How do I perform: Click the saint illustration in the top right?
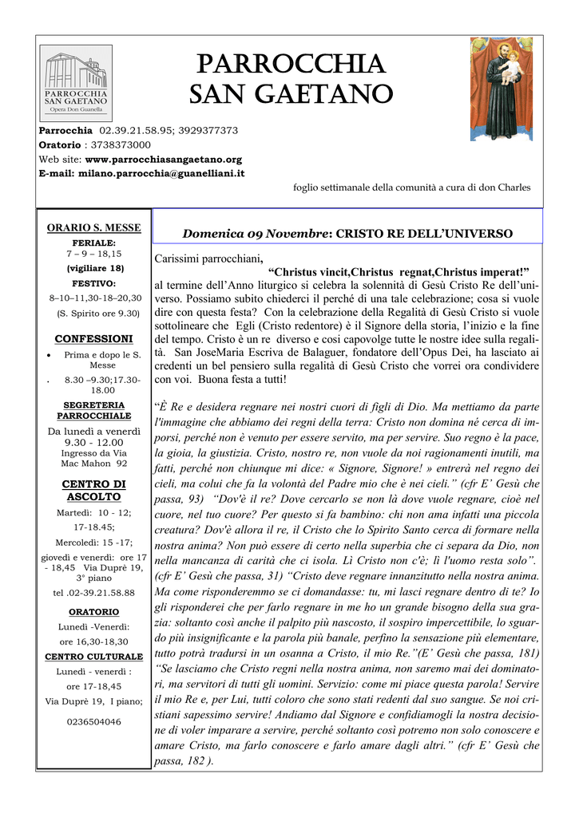click(501, 89)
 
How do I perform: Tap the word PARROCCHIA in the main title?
click(288, 63)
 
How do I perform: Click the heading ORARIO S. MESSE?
click(94, 227)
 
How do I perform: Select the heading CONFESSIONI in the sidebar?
click(93, 339)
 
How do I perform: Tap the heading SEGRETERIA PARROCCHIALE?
click(93, 411)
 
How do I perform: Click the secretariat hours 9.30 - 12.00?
click(94, 442)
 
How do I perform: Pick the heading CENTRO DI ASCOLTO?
click(93, 490)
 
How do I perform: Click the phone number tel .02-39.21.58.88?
click(93, 593)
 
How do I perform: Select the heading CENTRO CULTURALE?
click(93, 657)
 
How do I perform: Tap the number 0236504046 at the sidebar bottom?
click(93, 721)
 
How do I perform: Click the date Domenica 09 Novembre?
click(255, 234)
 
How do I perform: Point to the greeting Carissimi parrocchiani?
click(208, 259)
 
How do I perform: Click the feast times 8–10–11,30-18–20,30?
click(95, 298)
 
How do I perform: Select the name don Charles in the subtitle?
click(504, 187)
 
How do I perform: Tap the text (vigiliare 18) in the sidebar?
click(94, 268)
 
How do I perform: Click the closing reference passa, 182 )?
click(184, 760)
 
